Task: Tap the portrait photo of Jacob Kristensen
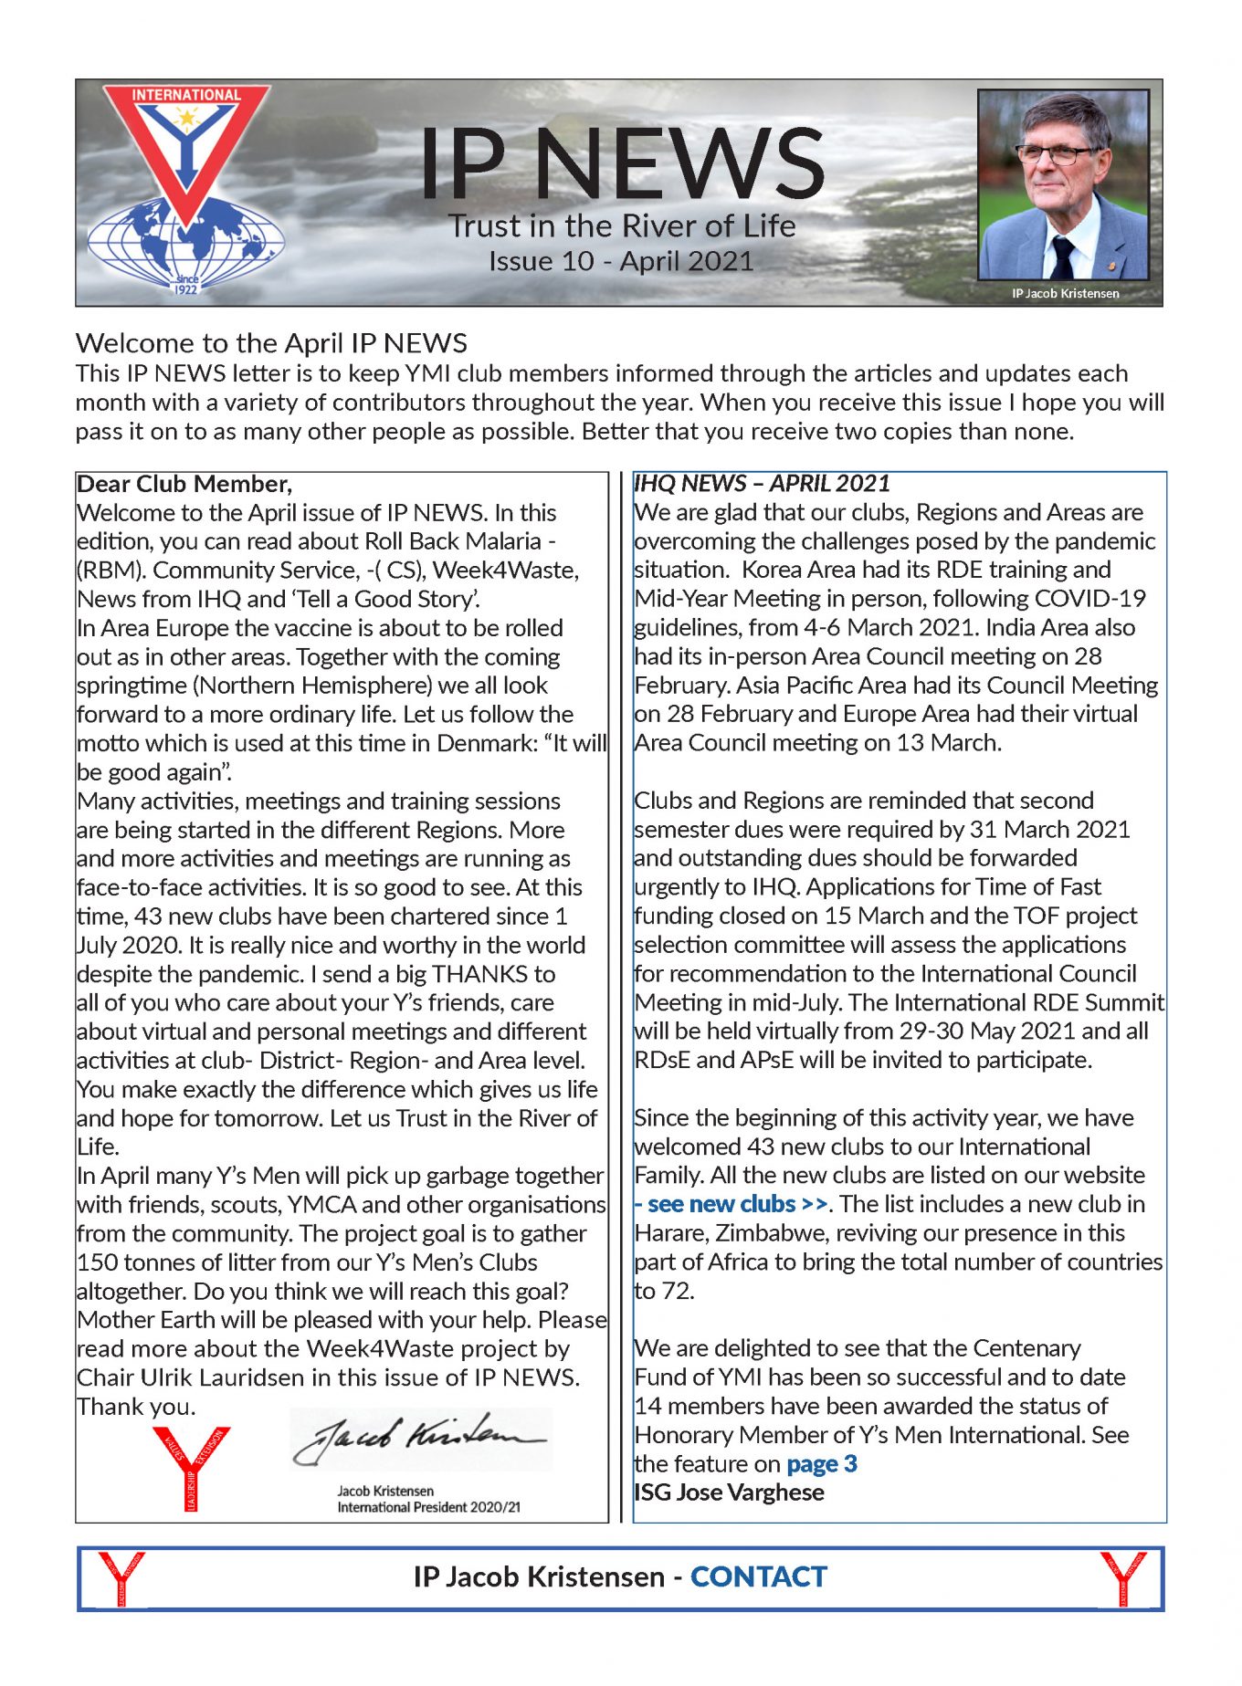(x=1063, y=184)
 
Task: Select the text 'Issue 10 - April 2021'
(x=621, y=262)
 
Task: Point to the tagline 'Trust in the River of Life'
(x=621, y=225)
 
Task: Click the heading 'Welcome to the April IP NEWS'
(x=271, y=343)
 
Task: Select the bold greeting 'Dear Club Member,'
(x=184, y=484)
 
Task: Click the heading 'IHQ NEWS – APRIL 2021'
(x=762, y=484)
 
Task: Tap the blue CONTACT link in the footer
(x=758, y=1576)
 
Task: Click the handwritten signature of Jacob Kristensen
(x=420, y=1440)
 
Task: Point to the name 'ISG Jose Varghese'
(x=730, y=1492)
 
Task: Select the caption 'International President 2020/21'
(x=428, y=1507)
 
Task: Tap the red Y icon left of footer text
(x=121, y=1577)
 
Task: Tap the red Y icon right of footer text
(x=1123, y=1577)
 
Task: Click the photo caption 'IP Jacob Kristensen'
(x=1065, y=294)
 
